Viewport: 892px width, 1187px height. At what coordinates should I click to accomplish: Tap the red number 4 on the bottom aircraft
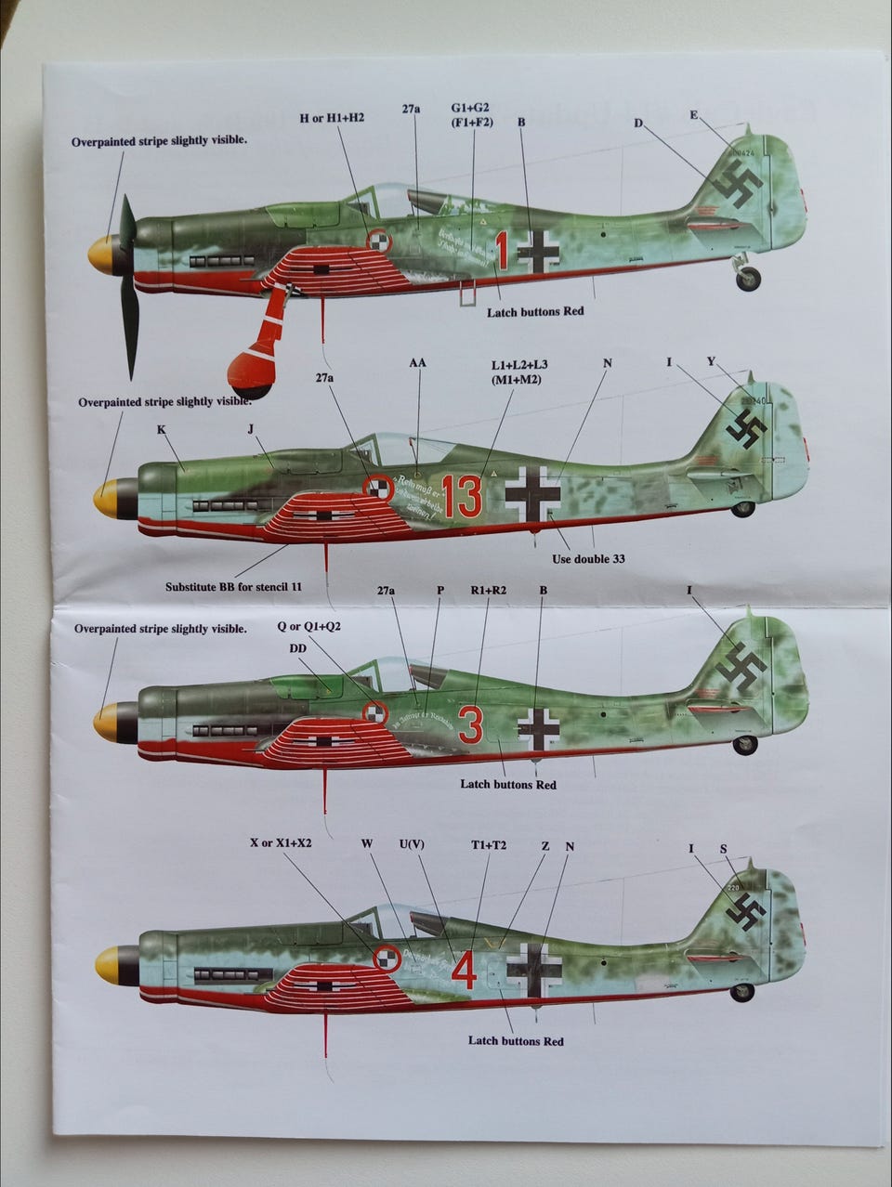click(465, 972)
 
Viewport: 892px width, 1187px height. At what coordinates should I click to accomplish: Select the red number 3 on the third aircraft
click(471, 725)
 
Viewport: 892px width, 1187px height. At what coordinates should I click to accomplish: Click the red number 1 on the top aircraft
click(502, 250)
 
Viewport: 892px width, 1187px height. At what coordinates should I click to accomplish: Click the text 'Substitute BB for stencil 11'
click(234, 586)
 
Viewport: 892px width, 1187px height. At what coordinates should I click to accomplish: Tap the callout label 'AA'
click(417, 362)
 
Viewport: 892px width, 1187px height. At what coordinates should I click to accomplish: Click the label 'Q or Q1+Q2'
click(309, 626)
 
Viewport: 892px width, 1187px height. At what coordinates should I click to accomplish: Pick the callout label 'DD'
click(298, 647)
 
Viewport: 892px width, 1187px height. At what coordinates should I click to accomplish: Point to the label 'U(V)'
click(413, 844)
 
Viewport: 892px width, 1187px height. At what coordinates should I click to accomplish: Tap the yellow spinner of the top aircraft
click(100, 254)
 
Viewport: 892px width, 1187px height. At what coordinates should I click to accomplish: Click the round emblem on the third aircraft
click(374, 712)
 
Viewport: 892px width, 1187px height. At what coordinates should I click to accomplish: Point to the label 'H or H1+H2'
click(332, 118)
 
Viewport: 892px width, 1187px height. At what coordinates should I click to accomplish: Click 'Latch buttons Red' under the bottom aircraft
click(516, 1041)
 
